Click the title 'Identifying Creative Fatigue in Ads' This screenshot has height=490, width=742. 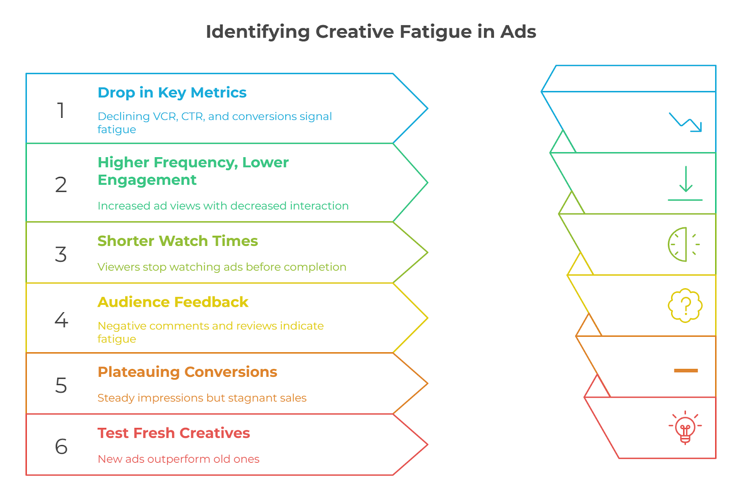371,32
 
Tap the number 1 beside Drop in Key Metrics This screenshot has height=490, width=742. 61,110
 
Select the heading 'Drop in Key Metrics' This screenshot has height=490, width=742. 172,92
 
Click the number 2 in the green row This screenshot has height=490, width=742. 61,185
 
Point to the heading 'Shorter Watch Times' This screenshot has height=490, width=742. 178,241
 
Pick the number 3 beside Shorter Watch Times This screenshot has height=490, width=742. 61,254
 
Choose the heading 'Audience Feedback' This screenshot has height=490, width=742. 173,302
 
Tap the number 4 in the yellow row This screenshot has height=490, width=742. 61,320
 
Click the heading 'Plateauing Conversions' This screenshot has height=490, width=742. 187,372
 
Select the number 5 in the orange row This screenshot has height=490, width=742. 61,385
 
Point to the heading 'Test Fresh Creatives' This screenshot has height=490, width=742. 173,433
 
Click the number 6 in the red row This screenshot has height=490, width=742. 61,446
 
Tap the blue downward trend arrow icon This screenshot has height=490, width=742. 685,122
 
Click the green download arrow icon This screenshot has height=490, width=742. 685,183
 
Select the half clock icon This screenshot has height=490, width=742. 684,245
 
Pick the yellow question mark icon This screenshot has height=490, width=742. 685,305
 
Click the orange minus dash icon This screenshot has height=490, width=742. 686,371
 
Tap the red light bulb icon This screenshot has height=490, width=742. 685,428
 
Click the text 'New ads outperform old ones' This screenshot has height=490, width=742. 179,459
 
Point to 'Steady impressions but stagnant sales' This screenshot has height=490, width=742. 202,398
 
